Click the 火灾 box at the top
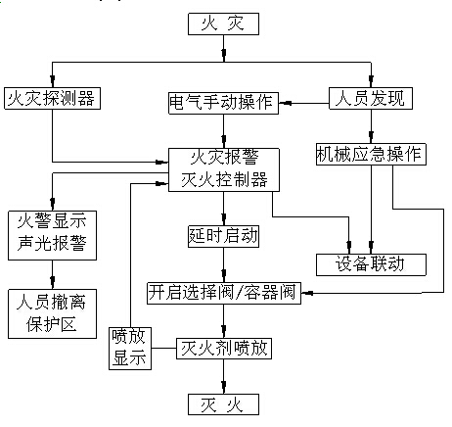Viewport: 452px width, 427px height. (x=223, y=24)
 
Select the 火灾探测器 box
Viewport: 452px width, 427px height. (x=52, y=98)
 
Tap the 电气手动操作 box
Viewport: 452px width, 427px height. (x=223, y=103)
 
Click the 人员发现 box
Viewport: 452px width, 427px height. (x=371, y=98)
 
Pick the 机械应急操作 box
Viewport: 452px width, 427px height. (x=371, y=154)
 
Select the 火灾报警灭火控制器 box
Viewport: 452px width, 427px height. (x=224, y=169)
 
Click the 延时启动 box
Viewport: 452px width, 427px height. (x=223, y=236)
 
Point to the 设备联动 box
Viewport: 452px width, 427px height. (x=371, y=264)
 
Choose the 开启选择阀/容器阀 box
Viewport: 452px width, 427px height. (x=224, y=294)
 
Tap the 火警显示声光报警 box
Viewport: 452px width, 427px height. (x=52, y=235)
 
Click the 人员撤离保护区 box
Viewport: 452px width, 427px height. (x=52, y=313)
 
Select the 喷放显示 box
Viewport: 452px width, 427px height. (x=130, y=349)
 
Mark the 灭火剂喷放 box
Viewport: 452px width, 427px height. (x=224, y=349)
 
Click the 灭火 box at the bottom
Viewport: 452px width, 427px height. (x=223, y=404)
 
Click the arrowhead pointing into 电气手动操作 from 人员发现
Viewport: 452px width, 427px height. (x=286, y=104)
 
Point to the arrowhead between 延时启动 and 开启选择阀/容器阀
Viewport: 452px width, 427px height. (x=224, y=274)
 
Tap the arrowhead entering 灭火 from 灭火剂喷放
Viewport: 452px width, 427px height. (x=224, y=386)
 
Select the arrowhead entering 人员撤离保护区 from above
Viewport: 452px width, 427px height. (x=52, y=281)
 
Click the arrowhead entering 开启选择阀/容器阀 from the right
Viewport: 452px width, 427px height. (x=307, y=293)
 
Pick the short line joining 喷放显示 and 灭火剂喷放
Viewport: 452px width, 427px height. (x=163, y=348)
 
